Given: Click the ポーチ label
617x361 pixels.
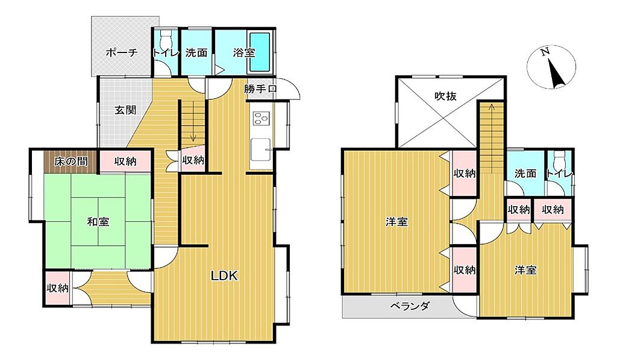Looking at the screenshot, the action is [122, 52].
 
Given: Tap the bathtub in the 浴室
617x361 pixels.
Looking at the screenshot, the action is [260, 52].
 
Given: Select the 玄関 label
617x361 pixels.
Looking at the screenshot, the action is [125, 110].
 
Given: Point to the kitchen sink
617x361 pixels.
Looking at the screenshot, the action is [261, 149].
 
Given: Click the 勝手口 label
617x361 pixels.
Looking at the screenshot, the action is [260, 89].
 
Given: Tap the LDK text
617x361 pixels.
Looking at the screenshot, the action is [224, 275].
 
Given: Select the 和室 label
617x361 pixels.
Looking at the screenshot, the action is [98, 222].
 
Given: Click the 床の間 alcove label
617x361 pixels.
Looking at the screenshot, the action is [71, 162].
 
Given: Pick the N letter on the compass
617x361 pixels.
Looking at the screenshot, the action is [545, 52].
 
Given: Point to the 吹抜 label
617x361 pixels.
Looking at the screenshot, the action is [445, 96].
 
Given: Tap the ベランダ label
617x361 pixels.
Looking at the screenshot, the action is [410, 306].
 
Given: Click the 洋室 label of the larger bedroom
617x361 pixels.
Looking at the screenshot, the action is [396, 222].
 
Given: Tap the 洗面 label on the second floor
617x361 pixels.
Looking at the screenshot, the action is [525, 173].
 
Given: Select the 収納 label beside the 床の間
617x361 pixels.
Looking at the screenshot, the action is [125, 161].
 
